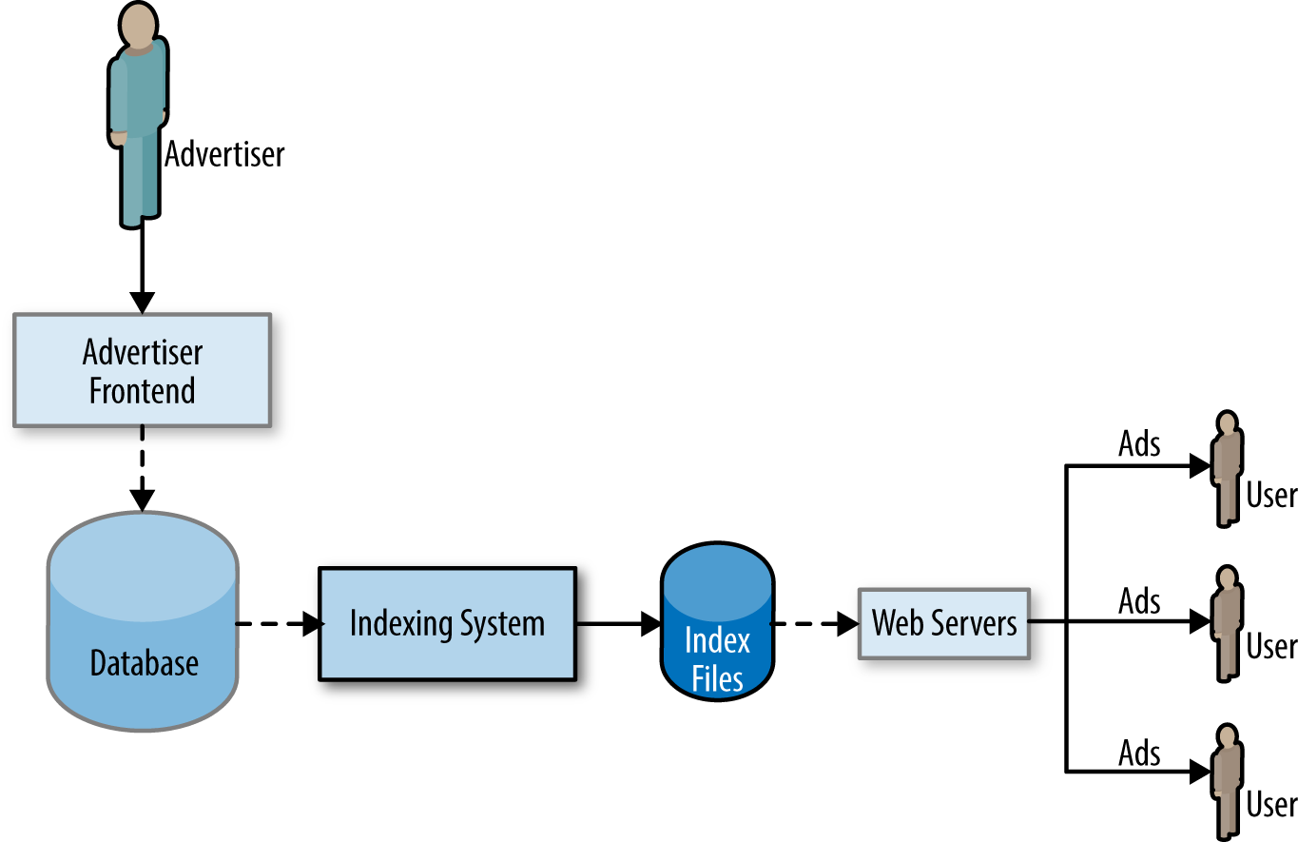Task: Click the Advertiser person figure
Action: coord(139,114)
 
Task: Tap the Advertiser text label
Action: coord(224,154)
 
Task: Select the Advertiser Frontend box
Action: coord(142,371)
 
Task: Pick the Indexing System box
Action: coord(447,624)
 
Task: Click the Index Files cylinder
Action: coord(717,624)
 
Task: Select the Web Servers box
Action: coord(943,624)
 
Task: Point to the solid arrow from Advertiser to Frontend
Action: coord(142,266)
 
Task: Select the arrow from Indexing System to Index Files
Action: coord(618,624)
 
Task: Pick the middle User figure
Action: coord(1227,623)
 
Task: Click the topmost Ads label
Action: coord(1139,444)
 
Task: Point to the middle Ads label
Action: coord(1139,601)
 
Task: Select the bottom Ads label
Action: coord(1139,754)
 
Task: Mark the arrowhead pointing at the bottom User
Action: coord(1199,772)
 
